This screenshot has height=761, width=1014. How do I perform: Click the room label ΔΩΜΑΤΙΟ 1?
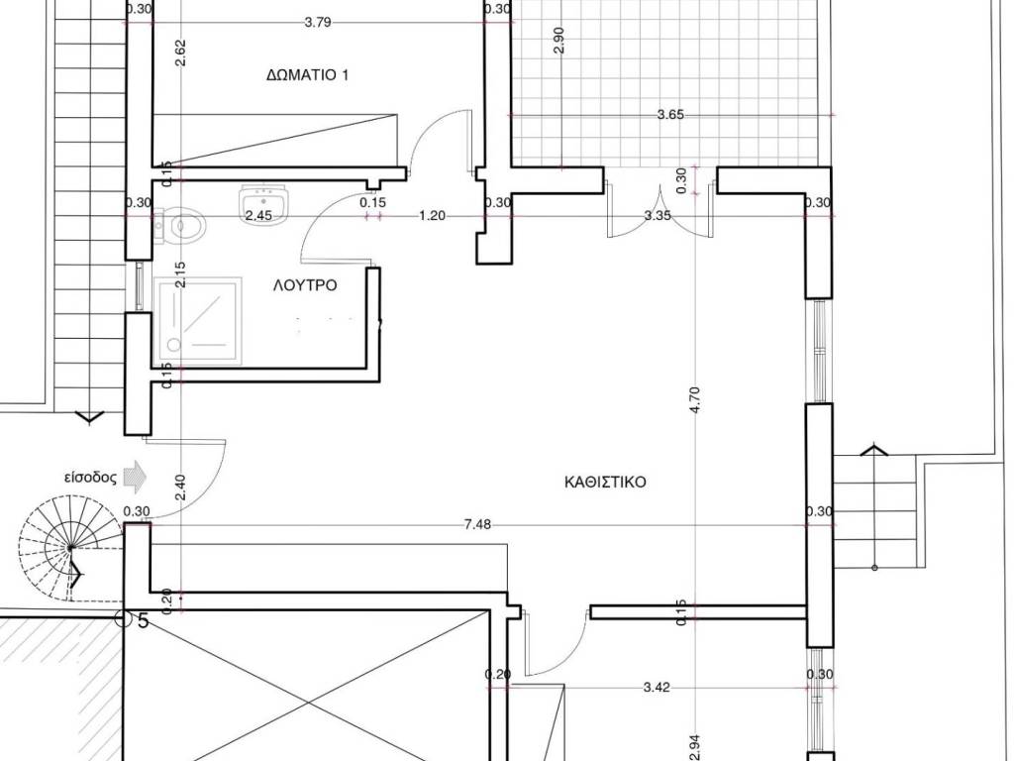307,75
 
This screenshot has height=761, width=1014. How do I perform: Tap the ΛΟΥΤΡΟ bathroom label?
305,285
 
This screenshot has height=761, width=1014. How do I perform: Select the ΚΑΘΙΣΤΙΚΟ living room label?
605,483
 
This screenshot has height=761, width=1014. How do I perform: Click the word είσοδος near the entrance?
90,479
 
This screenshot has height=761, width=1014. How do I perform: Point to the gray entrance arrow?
135,477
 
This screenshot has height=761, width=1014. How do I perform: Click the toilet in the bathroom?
180,226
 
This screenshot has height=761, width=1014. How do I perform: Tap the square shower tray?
197,322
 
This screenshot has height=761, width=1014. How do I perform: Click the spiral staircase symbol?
70,549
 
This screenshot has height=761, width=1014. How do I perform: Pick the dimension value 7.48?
477,525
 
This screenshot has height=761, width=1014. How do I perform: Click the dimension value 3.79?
318,22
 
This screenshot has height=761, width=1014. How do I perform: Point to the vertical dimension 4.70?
695,400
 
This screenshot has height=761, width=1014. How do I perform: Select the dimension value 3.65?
670,115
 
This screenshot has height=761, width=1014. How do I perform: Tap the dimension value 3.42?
657,688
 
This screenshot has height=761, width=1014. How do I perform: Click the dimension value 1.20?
432,215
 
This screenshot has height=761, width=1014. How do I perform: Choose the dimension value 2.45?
258,215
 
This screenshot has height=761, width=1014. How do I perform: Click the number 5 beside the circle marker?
144,621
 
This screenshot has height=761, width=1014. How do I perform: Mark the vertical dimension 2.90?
559,40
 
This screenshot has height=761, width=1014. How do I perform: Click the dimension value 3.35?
658,215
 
